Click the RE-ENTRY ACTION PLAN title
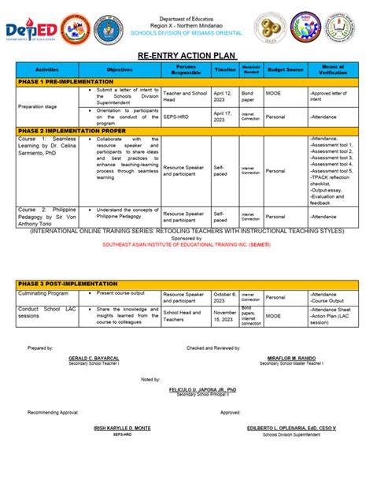(186, 56)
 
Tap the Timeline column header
(224, 70)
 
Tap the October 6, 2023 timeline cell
(224, 297)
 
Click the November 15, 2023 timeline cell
(224, 315)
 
